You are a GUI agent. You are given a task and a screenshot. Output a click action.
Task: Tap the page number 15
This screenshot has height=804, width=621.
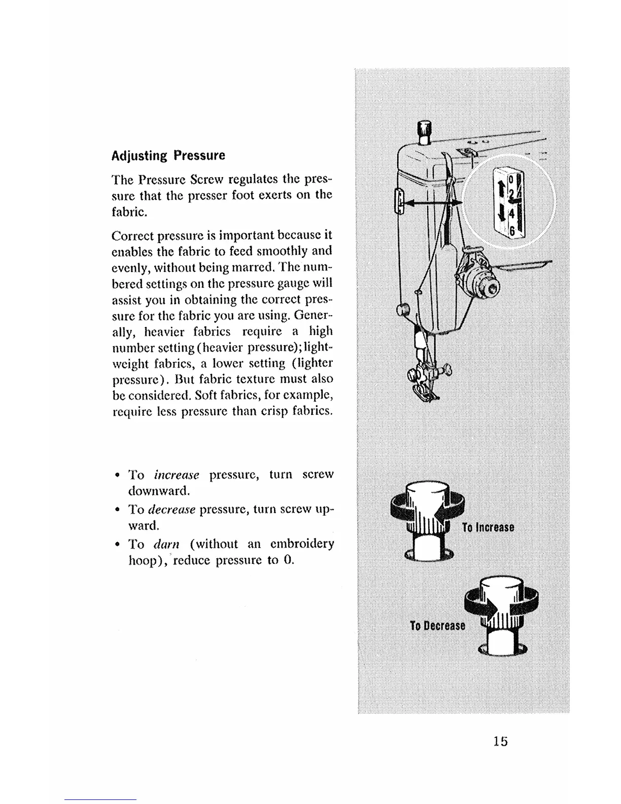coord(499,741)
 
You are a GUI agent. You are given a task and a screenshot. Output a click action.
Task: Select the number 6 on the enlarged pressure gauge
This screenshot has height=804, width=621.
coord(512,230)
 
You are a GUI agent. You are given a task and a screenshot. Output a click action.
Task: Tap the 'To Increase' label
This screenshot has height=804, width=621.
coord(488,527)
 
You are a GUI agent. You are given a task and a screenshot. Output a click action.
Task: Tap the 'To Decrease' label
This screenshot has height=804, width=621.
coord(437,625)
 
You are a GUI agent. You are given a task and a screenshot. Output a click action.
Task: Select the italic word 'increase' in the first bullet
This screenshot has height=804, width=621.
coord(177,475)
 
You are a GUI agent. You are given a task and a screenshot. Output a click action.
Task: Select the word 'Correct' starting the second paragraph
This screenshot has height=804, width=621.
coord(133,236)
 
